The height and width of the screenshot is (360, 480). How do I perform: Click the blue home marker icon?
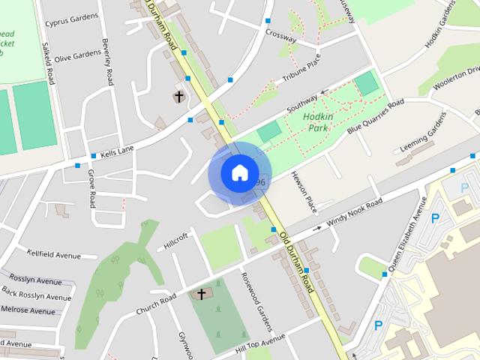239,172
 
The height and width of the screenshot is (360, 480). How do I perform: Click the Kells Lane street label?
116,151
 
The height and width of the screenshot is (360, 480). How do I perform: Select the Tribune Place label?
301,68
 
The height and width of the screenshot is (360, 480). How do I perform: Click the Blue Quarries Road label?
374,117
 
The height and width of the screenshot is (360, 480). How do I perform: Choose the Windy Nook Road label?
354,213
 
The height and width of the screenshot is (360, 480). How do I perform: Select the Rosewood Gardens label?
255,307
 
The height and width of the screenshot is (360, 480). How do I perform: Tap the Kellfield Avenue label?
53,255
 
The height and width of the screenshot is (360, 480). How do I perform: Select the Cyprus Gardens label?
72,22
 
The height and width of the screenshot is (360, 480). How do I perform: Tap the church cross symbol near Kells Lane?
178,97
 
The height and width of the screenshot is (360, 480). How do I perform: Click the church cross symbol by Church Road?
201,294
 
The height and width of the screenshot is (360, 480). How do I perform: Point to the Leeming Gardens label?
418,142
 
